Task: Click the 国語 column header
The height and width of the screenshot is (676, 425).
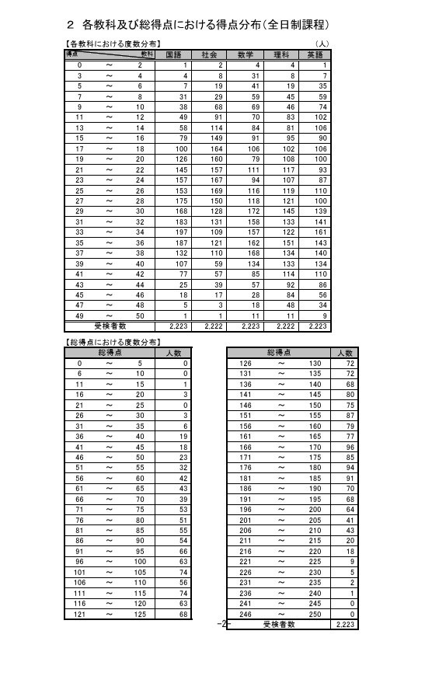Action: pyautogui.click(x=174, y=55)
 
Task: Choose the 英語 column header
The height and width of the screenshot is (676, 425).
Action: pyautogui.click(x=315, y=55)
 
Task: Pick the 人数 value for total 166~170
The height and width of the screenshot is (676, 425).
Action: pyautogui.click(x=350, y=447)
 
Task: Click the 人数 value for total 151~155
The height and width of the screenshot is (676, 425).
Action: pyautogui.click(x=350, y=415)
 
